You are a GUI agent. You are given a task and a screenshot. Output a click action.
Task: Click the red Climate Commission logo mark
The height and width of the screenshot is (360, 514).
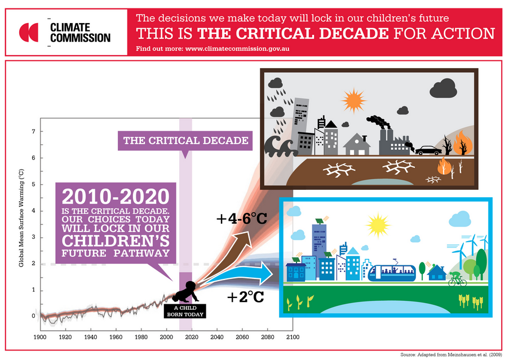pyautogui.click(x=29, y=33)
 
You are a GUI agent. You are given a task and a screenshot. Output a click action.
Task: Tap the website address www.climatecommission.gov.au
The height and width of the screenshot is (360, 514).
pyautogui.click(x=237, y=49)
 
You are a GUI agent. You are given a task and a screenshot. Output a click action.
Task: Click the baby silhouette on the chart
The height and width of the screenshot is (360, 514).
pyautogui.click(x=186, y=292)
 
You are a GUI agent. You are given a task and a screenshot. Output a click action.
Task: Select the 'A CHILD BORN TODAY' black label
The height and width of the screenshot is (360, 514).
pyautogui.click(x=185, y=311)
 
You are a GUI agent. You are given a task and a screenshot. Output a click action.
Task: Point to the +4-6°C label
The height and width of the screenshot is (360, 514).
pyautogui.click(x=242, y=219)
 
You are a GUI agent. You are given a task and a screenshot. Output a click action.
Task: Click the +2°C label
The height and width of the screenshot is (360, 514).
pyautogui.click(x=246, y=297)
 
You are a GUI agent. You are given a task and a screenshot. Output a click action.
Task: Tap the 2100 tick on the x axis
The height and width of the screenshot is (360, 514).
pyautogui.click(x=293, y=337)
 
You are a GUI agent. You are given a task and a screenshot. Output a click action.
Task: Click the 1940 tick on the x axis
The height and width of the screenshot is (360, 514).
pyautogui.click(x=91, y=337)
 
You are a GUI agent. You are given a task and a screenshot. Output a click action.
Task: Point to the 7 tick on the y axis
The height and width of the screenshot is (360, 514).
pyautogui.click(x=33, y=131)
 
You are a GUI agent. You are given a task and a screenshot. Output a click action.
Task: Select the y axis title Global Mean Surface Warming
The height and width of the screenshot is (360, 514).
pyautogui.click(x=21, y=218)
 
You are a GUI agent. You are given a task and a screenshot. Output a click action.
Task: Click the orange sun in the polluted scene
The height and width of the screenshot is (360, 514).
pyautogui.click(x=353, y=100)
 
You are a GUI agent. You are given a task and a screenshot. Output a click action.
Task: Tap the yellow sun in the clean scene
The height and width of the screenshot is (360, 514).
pyautogui.click(x=378, y=225)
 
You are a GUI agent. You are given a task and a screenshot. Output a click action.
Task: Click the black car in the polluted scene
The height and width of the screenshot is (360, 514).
pyautogui.click(x=428, y=150)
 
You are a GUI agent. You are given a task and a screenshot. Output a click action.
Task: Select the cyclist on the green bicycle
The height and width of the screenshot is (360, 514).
pyautogui.click(x=457, y=279)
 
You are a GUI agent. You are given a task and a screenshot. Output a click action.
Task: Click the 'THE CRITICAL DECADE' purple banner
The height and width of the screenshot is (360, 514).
pyautogui.click(x=185, y=141)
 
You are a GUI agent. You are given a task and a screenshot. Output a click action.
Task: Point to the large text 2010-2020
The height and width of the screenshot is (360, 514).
pyautogui.click(x=116, y=197)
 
